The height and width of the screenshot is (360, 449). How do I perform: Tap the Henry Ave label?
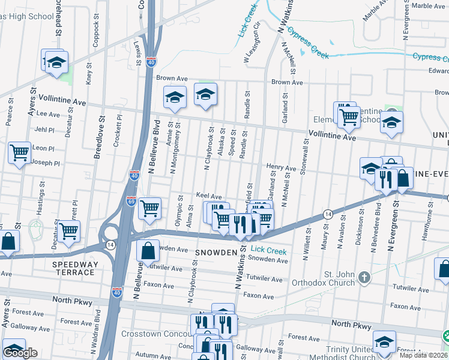point(282,167)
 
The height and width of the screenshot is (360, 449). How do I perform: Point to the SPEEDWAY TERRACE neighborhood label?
point(73,268)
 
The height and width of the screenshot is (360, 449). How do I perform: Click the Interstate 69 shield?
point(131,201)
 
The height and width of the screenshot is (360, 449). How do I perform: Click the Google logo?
point(20,353)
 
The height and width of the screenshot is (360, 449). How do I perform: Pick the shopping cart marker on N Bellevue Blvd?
point(149,209)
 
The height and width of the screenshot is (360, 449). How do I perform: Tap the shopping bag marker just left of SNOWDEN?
point(148,251)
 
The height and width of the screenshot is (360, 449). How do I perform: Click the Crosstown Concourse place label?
point(156,334)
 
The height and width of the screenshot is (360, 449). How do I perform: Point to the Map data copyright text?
point(424,355)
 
